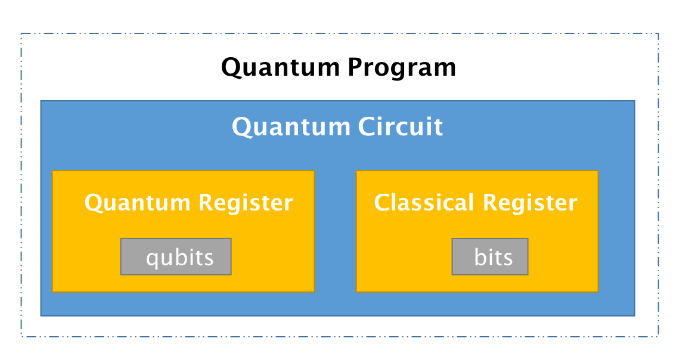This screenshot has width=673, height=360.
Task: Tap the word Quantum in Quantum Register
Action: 137,203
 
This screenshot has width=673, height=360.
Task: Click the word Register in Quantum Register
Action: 246,203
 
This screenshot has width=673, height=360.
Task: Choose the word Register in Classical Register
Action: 530,203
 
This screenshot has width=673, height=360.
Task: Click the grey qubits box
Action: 176,257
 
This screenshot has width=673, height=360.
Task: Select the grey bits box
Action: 490,257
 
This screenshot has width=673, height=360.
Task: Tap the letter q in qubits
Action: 151,259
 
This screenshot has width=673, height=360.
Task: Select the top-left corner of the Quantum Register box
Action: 52,171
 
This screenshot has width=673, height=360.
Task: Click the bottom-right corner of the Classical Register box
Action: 598,292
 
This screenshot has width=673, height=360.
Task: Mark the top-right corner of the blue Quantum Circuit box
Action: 635,101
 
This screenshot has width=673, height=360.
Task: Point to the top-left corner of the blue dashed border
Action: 21,33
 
